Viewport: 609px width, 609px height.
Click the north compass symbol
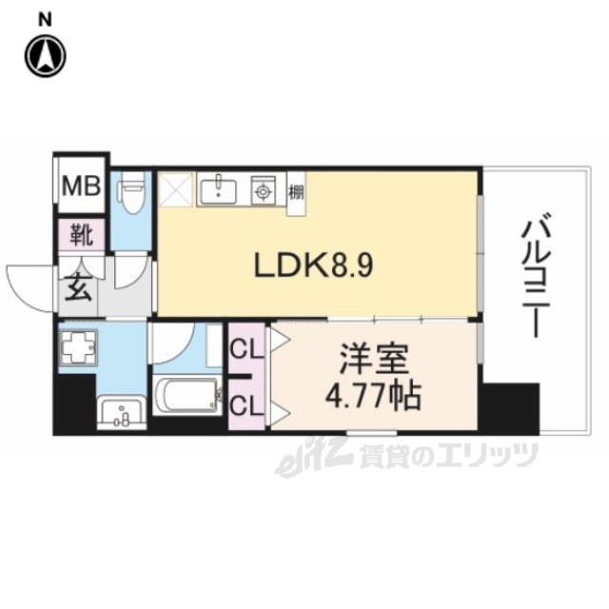[46, 56]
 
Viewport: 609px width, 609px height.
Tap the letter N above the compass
[45, 20]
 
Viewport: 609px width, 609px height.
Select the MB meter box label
[82, 187]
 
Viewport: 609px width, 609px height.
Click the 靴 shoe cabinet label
[82, 235]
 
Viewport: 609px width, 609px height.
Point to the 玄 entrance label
[78, 287]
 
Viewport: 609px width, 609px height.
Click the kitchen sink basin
[218, 190]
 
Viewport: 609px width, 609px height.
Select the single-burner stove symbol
[264, 190]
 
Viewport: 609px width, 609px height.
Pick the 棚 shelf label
[296, 192]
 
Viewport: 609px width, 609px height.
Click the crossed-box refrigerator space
[175, 190]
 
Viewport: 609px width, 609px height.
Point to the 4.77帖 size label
[373, 396]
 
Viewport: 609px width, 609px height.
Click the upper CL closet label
[246, 349]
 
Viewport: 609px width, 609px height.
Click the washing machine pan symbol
[78, 346]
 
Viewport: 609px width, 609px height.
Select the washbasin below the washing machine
[121, 412]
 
